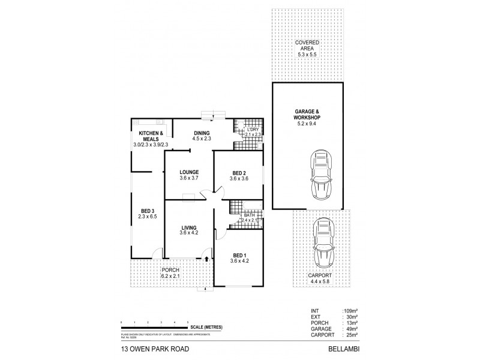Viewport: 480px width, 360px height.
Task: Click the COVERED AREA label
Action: [x=307, y=49]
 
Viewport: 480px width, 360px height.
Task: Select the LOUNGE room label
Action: [x=189, y=175]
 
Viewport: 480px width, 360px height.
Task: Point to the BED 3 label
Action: [x=147, y=214]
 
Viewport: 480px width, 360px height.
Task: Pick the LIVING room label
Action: [x=189, y=230]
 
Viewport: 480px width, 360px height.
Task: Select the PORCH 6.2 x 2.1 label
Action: [x=170, y=274]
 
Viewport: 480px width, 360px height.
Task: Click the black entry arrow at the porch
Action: [x=206, y=259]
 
